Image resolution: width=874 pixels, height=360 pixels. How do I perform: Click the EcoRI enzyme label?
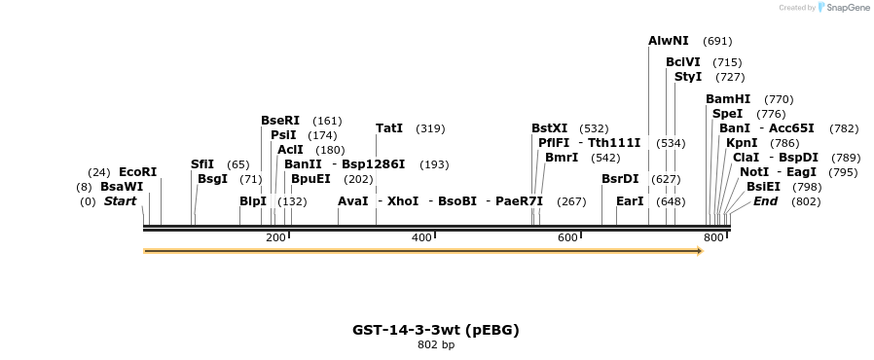click(x=137, y=172)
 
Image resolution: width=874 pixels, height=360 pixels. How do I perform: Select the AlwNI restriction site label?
click(x=669, y=41)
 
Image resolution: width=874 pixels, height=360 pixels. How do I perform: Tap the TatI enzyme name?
click(x=389, y=128)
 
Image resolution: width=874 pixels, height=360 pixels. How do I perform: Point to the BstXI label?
click(x=549, y=128)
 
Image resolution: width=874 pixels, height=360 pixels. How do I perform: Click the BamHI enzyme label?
click(x=728, y=99)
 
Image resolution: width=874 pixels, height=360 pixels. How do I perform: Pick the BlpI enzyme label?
click(x=253, y=201)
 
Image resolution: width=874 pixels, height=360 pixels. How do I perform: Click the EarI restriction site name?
click(x=630, y=201)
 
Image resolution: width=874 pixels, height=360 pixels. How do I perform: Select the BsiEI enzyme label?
click(x=763, y=187)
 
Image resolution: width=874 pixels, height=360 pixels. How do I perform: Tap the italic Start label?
click(x=121, y=201)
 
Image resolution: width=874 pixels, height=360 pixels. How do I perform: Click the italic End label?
click(x=766, y=201)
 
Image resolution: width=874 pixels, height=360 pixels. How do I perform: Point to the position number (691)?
click(x=717, y=41)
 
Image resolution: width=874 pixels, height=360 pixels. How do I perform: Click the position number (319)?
click(x=430, y=128)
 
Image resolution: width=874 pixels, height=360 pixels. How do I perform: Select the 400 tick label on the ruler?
click(x=421, y=238)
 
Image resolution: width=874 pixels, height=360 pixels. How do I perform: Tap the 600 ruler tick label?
click(x=567, y=238)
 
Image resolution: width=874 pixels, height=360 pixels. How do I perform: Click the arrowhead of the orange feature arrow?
click(x=698, y=251)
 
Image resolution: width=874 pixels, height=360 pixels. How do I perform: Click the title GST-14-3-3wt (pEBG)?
click(x=435, y=330)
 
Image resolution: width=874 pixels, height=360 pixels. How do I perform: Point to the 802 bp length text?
click(x=435, y=344)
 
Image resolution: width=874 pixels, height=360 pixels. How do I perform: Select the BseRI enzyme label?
click(x=280, y=121)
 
